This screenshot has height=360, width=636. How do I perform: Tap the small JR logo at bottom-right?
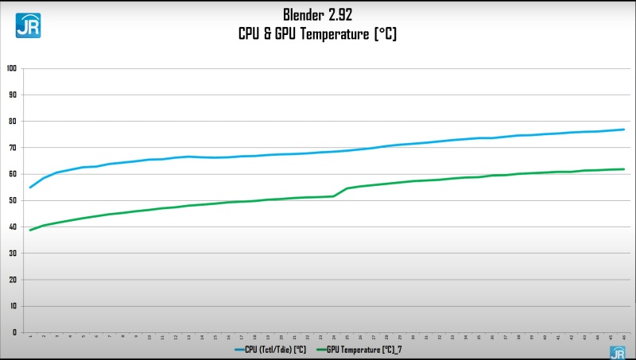coord(617,352)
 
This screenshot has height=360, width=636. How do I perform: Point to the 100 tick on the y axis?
coord(12,68)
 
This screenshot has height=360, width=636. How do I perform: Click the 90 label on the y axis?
coord(12,95)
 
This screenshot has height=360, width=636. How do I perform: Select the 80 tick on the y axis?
coord(12,121)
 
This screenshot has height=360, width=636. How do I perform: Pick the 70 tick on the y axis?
coord(12,147)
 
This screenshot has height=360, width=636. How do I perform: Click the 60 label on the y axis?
coord(12,174)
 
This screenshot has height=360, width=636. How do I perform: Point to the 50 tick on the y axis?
coord(12,200)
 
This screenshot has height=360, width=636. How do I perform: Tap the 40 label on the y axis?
coord(12,226)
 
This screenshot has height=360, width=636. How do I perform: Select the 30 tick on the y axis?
coord(12,253)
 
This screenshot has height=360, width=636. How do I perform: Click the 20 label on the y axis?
coord(12,280)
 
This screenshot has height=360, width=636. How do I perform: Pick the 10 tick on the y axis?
coord(12,306)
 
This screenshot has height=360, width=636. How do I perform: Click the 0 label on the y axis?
coord(14,332)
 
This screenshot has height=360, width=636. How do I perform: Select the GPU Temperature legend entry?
coord(362,348)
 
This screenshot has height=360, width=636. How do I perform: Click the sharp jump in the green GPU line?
coord(340,192)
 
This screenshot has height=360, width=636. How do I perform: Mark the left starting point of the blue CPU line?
coord(30,188)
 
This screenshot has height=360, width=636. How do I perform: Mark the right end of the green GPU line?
coord(624,169)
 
